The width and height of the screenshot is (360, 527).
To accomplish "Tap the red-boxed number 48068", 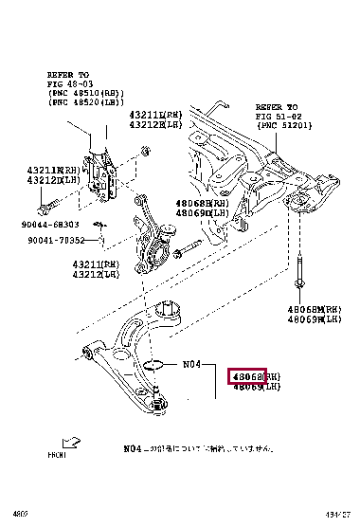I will pyautogui.click(x=249, y=375).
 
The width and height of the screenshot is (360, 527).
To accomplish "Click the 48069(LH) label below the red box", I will pyautogui.click(x=258, y=387).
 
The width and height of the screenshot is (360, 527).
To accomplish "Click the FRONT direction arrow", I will pyautogui.click(x=71, y=442).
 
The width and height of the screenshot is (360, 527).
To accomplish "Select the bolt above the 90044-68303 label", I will pyautogui.click(x=48, y=202).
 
